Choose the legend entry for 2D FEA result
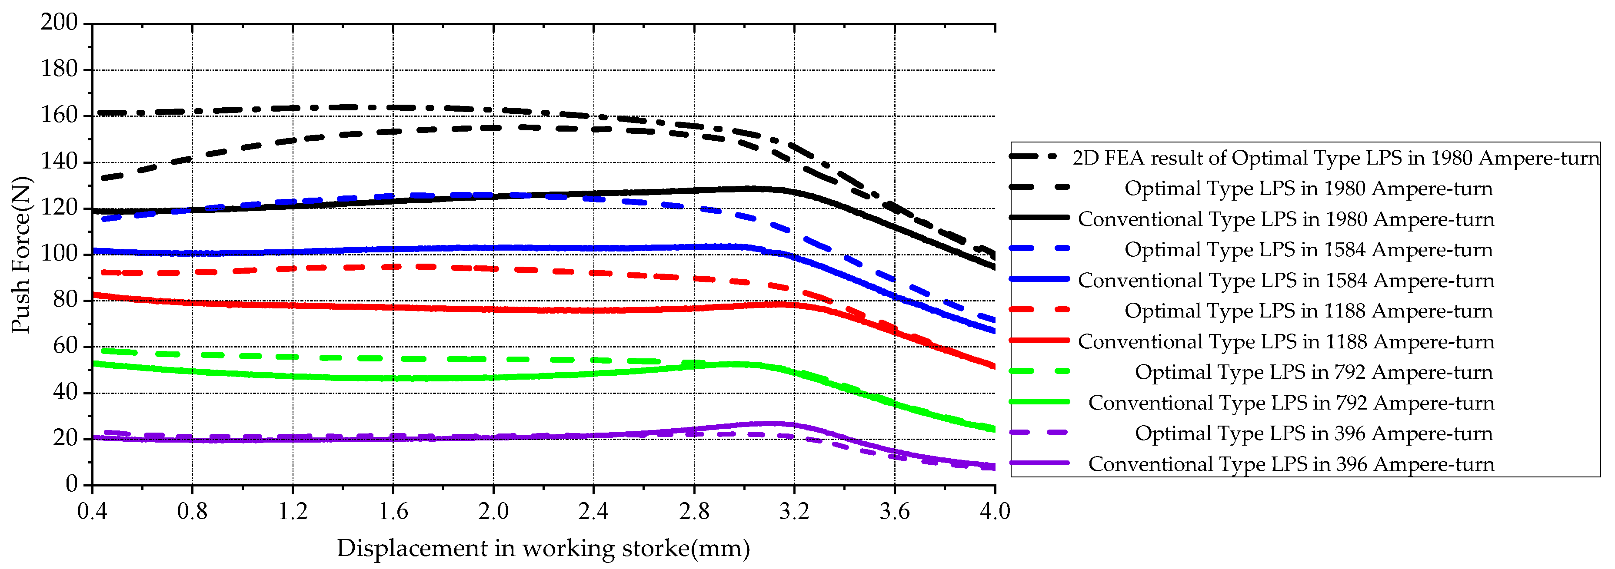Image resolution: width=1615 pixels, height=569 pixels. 1335,158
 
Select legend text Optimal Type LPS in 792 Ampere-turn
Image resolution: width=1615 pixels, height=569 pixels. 1313,372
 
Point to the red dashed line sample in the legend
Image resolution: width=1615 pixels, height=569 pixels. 1039,310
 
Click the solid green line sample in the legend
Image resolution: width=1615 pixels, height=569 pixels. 1039,402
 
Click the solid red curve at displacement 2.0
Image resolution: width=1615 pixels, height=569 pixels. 493,309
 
